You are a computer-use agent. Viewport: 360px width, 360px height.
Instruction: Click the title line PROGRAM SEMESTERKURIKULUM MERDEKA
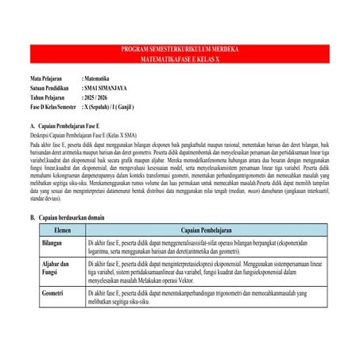[180, 49]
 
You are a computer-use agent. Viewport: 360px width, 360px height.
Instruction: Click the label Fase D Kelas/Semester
[53, 106]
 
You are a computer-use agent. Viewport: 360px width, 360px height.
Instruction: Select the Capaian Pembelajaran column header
[206, 229]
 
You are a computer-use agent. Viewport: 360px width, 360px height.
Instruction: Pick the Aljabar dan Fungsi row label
[56, 268]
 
